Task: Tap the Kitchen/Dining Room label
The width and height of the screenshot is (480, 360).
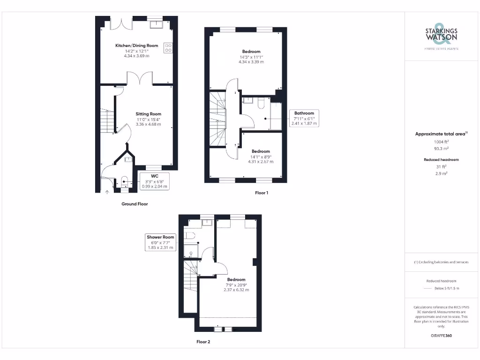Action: pos(136,45)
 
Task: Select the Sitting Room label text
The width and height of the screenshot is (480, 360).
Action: pos(148,114)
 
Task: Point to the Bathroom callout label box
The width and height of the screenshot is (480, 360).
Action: pos(304,118)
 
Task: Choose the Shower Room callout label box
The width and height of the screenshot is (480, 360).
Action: pos(160,242)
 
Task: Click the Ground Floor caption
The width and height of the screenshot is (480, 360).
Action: pos(135,204)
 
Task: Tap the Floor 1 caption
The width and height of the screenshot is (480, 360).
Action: pos(261,193)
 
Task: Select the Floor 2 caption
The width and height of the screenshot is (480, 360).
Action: pos(203,342)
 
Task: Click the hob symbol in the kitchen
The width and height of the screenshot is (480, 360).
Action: pos(168,48)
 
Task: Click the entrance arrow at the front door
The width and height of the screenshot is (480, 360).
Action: pos(107,191)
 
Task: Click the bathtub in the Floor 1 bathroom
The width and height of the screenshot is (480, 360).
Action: pos(276,116)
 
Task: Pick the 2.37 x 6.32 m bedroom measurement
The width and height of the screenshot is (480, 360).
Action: pos(236,290)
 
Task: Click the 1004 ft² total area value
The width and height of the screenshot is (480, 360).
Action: pos(441,141)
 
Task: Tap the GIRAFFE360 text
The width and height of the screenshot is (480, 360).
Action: pos(441,336)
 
